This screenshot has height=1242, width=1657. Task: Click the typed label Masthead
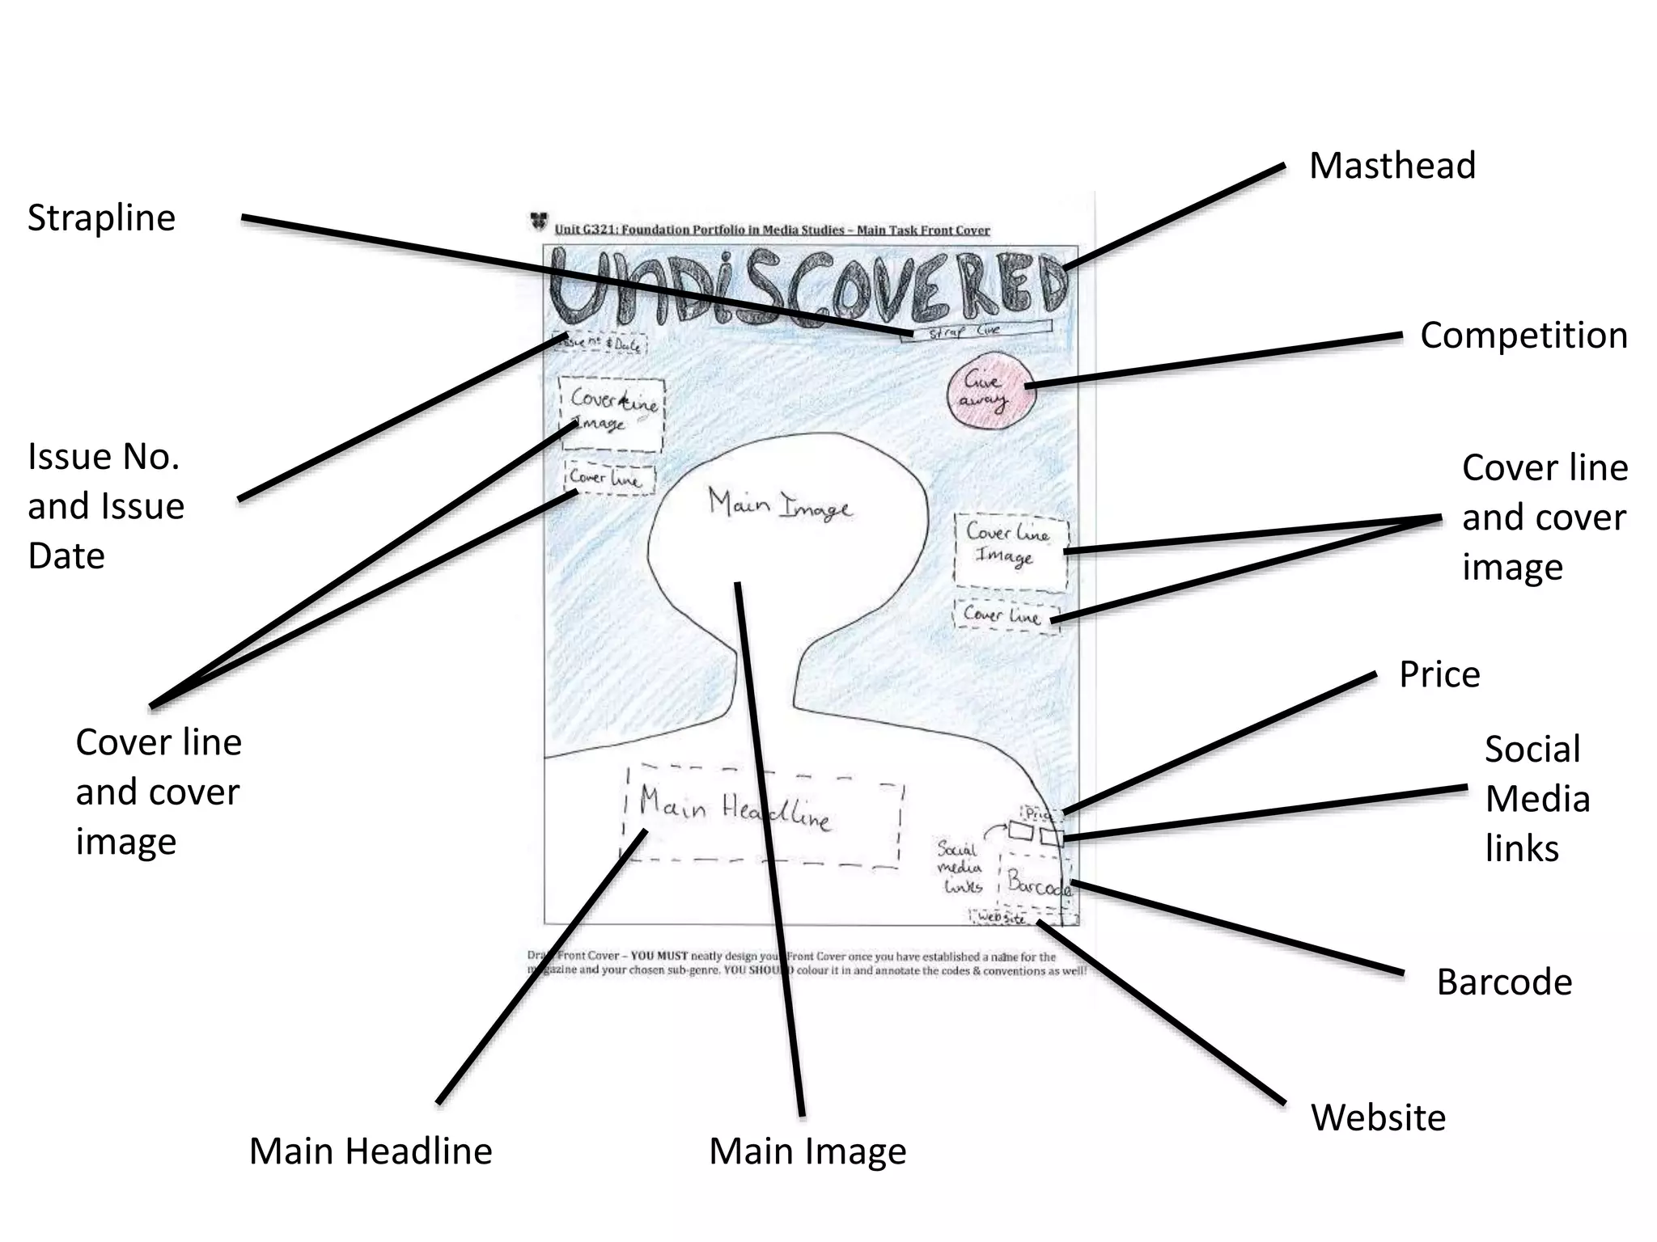point(1392,166)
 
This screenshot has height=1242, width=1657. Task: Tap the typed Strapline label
point(101,218)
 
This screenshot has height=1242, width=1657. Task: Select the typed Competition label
point(1524,336)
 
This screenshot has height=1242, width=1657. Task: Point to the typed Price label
point(1439,674)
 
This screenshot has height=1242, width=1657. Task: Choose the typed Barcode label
point(1504,982)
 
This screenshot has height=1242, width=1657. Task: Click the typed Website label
point(1378,1118)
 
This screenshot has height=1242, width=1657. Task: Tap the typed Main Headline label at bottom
point(371,1151)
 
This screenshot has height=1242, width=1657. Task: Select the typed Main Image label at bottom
point(807,1151)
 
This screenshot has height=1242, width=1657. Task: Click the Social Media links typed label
point(1536,799)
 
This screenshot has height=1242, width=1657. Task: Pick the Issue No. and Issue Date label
point(106,506)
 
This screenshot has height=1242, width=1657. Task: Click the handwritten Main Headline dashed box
point(762,815)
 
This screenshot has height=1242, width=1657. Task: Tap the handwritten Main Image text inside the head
point(780,505)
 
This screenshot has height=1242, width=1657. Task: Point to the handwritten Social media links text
point(960,868)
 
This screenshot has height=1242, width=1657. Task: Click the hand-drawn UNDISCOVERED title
point(807,287)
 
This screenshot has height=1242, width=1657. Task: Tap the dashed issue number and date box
point(600,344)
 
